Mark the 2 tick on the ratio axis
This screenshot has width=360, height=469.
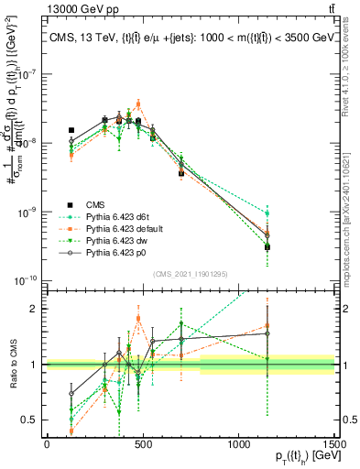38,309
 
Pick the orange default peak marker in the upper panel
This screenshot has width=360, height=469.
138,104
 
